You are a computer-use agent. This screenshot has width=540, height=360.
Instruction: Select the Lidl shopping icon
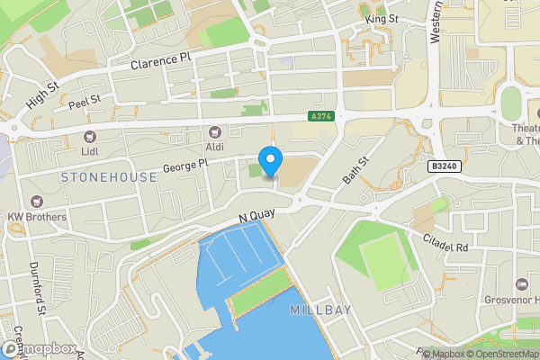click(89, 136)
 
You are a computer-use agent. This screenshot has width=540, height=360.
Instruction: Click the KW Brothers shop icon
click(36, 202)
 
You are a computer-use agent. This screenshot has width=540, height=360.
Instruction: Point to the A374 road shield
click(319, 117)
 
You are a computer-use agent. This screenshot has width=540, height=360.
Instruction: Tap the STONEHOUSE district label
click(108, 177)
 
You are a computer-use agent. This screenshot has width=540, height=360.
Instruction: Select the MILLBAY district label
click(321, 310)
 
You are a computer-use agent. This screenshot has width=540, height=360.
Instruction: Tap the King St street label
click(382, 18)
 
